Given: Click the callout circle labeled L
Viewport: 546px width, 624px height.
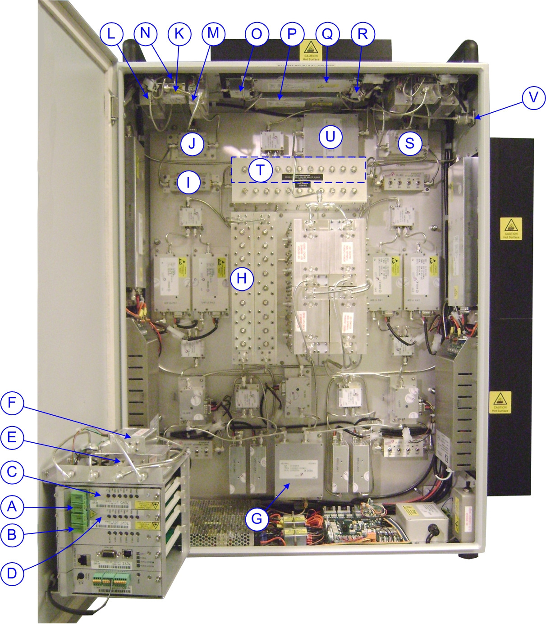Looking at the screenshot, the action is [111, 33].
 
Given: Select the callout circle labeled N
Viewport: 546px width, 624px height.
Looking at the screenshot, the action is [145, 33].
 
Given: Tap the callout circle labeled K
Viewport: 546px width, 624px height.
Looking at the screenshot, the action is [179, 33].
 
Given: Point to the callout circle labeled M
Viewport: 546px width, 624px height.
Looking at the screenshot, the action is [213, 33].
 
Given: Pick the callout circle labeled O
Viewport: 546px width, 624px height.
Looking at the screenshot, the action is [257, 34].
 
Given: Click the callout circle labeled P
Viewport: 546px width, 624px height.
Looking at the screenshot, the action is [292, 34].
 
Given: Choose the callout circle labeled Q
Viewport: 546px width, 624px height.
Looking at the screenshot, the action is [327, 34].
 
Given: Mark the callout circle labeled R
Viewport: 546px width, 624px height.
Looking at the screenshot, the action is [362, 34].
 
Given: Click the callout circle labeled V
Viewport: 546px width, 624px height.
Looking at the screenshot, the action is [533, 97].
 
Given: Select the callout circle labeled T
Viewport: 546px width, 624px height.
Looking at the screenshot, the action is [260, 170].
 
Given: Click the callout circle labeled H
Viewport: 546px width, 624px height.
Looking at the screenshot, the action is [242, 279].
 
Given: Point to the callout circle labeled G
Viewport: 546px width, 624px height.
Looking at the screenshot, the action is [257, 518].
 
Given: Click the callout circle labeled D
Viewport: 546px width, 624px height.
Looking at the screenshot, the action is [12, 574].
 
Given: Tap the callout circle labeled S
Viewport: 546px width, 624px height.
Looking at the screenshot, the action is [409, 143].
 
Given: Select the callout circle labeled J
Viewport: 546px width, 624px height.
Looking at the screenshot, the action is [192, 144].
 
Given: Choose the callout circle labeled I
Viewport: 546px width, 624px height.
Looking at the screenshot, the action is [188, 182].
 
